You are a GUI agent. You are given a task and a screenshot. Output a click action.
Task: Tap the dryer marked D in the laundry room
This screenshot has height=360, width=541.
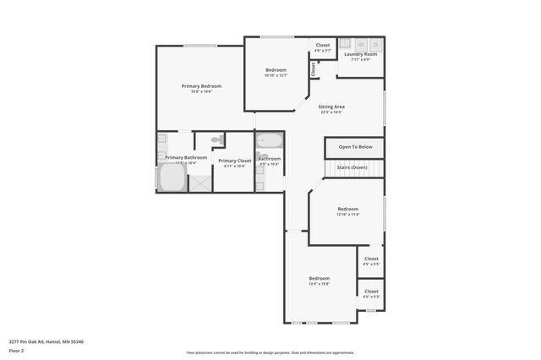coord(376,44)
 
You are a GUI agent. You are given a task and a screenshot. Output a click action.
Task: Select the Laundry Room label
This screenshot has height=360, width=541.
coord(360,54)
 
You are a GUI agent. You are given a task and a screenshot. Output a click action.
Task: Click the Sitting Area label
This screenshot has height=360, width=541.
coord(331,107)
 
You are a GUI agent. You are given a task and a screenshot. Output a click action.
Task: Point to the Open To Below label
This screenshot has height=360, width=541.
coord(355,147)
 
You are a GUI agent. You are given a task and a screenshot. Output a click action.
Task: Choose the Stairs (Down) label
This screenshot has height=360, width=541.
coord(352,167)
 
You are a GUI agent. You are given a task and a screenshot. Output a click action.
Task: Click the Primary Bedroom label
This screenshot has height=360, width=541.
coord(201,86)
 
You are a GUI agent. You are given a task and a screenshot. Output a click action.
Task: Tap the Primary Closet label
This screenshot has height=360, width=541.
coord(234,161)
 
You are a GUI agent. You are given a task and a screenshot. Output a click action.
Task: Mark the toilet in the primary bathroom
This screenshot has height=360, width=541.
coord(216,140)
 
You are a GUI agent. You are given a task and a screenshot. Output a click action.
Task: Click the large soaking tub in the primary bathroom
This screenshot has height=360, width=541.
coord(172,178)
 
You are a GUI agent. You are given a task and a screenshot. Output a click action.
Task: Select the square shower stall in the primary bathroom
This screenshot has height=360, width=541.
coord(200,182)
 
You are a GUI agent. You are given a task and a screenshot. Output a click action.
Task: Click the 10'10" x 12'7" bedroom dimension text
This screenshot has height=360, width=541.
coord(276,76)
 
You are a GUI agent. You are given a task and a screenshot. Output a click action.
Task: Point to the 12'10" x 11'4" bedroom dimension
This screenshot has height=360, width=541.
coord(347,215)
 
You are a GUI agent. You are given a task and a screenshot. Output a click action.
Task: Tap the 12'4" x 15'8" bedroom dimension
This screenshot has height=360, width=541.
coord(319,284)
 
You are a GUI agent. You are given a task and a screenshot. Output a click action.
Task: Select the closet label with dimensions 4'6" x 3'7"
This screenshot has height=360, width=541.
coord(323,51)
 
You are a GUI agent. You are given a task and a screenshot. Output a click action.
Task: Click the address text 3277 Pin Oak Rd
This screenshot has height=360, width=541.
coord(46,342)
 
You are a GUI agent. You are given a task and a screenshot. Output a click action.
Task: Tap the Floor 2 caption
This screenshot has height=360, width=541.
coord(17,350)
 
